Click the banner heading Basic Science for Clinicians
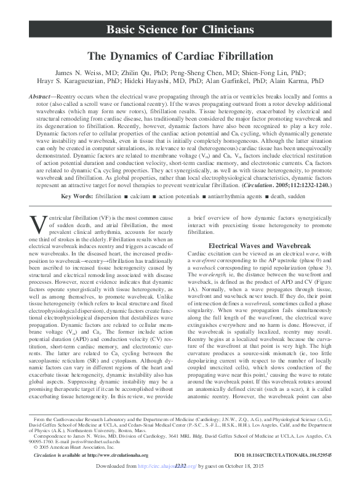click(180, 30)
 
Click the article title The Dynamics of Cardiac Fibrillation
click(180, 56)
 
